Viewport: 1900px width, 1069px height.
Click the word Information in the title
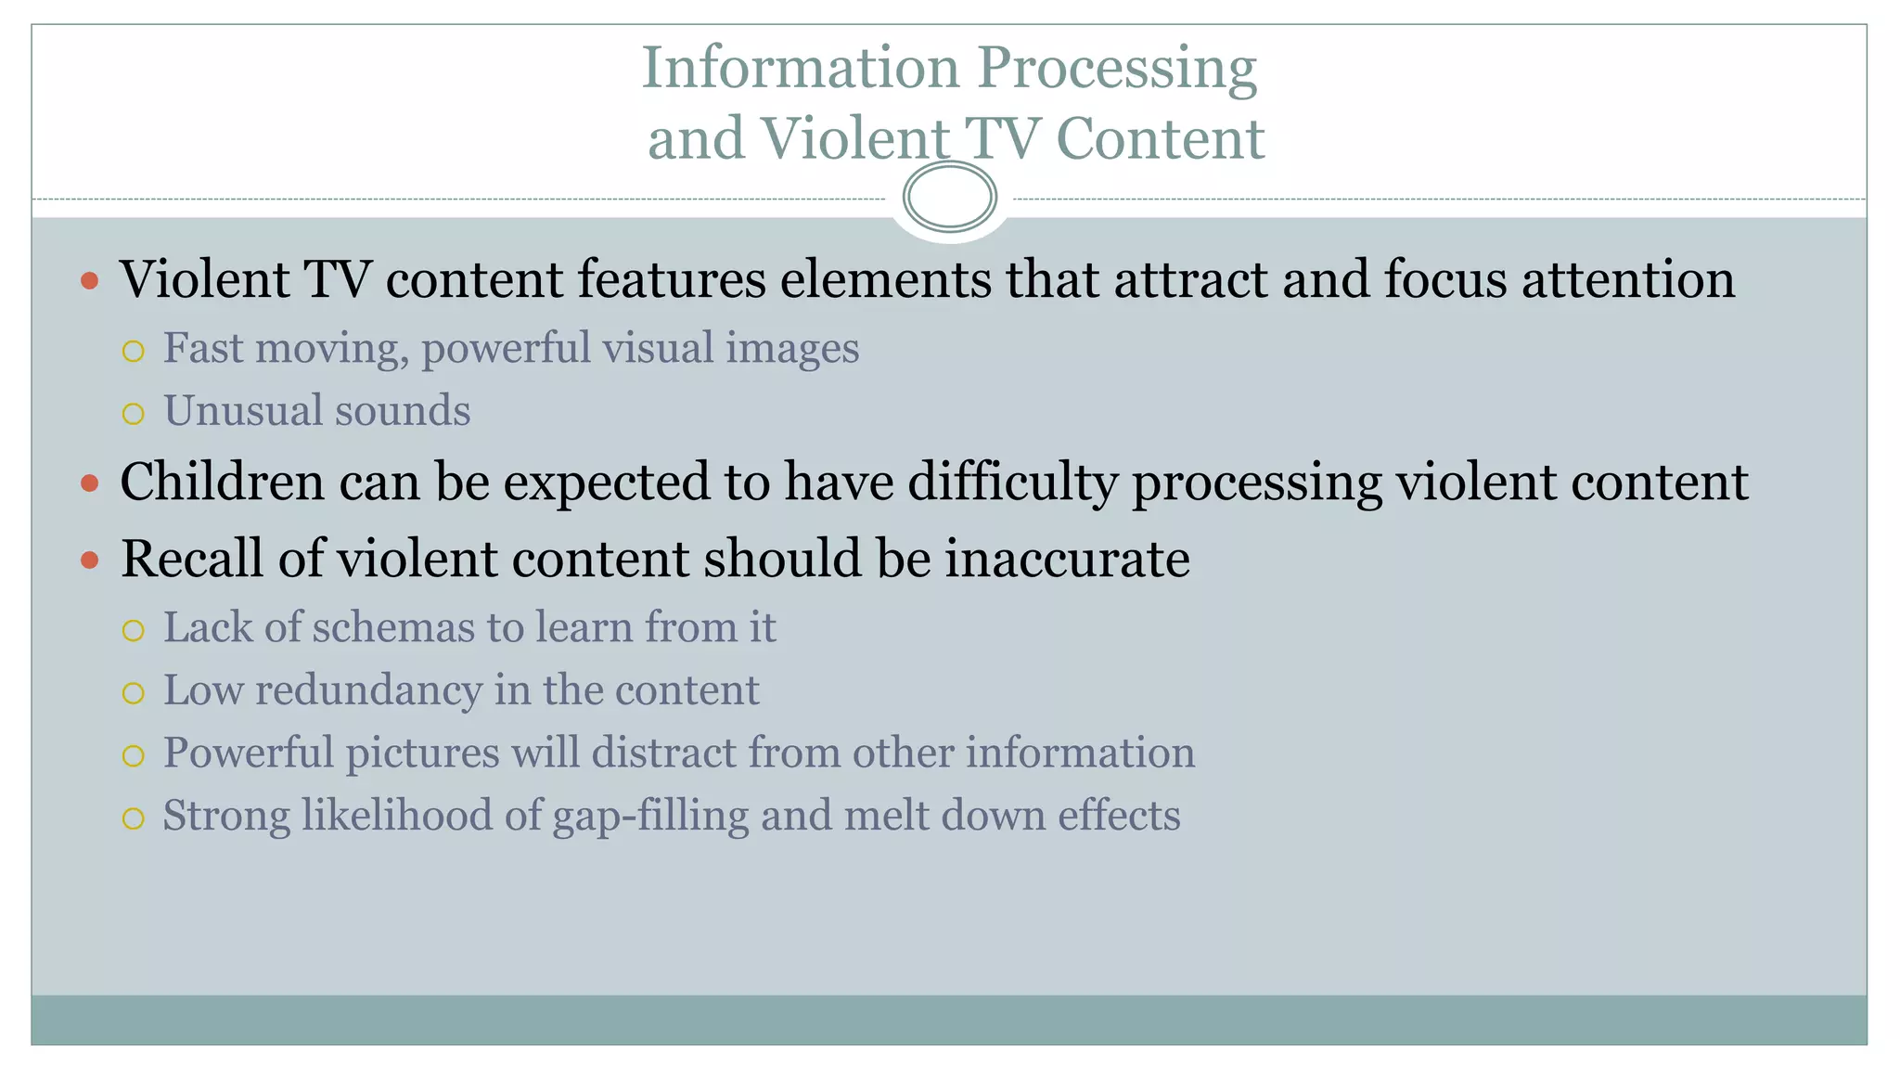[x=801, y=68]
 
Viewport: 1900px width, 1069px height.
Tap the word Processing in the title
[x=1117, y=70]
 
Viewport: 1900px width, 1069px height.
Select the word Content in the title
[x=1160, y=139]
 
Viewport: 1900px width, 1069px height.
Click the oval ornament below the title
[x=949, y=197]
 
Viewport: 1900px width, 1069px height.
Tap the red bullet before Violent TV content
[x=90, y=279]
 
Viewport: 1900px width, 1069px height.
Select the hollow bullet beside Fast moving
[x=134, y=351]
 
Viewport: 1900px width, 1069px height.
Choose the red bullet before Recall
[x=90, y=560]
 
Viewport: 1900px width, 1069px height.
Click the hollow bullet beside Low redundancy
[x=134, y=693]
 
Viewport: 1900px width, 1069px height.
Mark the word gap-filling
[x=650, y=817]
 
